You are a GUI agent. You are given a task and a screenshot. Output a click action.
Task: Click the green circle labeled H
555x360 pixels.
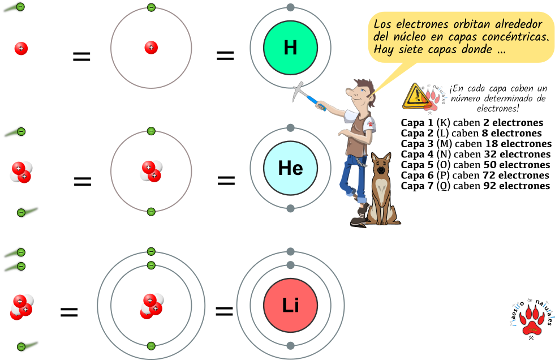[290, 48]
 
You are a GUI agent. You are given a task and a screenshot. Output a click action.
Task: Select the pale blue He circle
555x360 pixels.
[290, 168]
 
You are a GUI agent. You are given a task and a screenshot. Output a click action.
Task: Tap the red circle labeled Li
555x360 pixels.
[290, 306]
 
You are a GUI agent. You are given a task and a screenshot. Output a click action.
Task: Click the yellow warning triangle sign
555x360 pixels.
[416, 97]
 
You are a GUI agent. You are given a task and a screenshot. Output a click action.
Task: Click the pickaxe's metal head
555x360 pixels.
[300, 91]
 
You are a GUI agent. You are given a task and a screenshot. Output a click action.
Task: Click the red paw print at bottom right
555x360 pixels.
[532, 320]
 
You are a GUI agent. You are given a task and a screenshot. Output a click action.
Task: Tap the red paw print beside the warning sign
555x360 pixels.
[432, 100]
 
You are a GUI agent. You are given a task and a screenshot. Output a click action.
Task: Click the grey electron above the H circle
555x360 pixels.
[290, 7]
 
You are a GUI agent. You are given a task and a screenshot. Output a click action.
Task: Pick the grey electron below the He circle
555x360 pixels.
[290, 208]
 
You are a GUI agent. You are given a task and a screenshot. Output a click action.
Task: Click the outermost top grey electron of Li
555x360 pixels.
[290, 251]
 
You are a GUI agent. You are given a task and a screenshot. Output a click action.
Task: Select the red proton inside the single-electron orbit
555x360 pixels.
[151, 48]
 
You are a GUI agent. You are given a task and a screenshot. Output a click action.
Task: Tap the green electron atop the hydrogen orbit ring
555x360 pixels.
[151, 7]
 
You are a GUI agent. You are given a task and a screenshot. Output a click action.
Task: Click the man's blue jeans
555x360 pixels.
[351, 175]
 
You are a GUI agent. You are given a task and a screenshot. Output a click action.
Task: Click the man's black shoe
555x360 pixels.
[359, 222]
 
